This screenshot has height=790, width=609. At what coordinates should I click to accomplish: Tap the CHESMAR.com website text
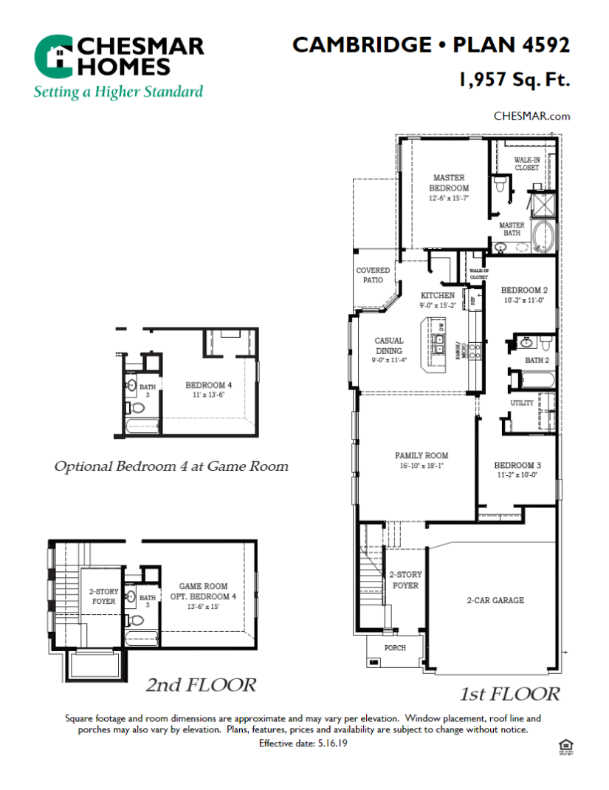pyautogui.click(x=531, y=116)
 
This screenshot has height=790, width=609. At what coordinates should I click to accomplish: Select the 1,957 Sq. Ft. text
pyautogui.click(x=514, y=80)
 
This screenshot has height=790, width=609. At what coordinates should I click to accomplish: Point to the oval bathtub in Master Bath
pyautogui.click(x=545, y=237)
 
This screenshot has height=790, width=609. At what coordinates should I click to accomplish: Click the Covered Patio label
pyautogui.click(x=373, y=275)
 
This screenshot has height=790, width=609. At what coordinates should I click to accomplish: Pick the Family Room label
pyautogui.click(x=421, y=460)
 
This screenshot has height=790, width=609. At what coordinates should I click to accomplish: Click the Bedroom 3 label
pyautogui.click(x=517, y=470)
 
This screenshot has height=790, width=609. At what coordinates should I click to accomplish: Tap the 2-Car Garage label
pyautogui.click(x=495, y=600)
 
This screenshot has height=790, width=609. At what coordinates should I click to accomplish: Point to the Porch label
pyautogui.click(x=395, y=647)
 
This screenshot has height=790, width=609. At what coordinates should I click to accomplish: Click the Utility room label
pyautogui.click(x=521, y=403)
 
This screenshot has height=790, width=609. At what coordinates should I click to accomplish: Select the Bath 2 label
pyautogui.click(x=537, y=361)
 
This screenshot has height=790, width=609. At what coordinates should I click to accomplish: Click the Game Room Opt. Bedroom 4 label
pyautogui.click(x=203, y=590)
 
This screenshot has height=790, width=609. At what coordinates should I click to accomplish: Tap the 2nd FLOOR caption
pyautogui.click(x=201, y=685)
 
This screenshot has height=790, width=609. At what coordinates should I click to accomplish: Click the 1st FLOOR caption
pyautogui.click(x=509, y=693)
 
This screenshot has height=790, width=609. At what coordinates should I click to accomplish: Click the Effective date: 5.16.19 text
pyautogui.click(x=303, y=743)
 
